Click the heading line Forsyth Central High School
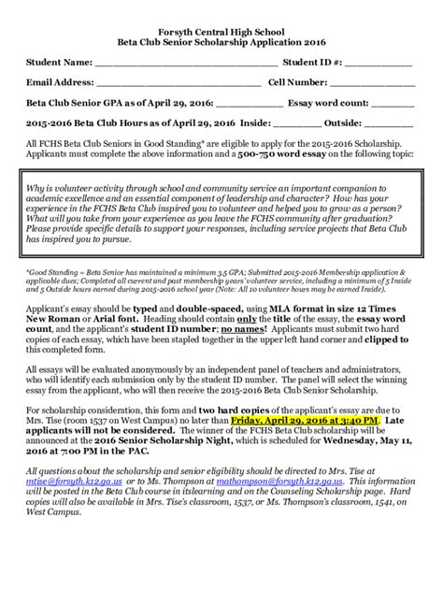click(x=221, y=31)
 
